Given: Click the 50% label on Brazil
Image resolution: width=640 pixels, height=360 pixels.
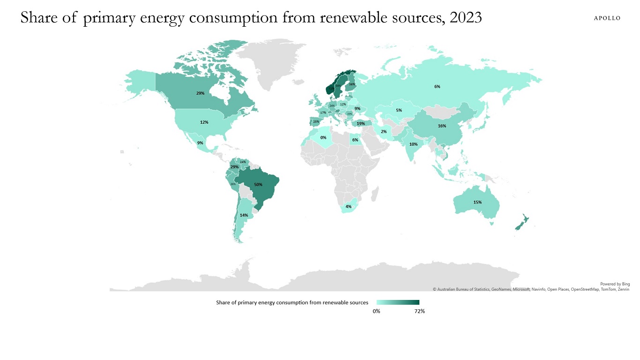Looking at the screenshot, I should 258,185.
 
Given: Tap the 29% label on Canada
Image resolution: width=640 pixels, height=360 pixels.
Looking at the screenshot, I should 200,93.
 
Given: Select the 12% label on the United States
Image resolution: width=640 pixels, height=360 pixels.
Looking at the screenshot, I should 204,122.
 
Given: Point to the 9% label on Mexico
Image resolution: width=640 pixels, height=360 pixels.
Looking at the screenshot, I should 200,143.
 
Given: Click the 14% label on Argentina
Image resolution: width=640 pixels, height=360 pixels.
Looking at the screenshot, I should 244,215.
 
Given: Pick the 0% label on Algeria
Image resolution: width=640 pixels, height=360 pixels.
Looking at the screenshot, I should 323,138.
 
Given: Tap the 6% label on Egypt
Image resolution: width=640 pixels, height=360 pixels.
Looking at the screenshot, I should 355,140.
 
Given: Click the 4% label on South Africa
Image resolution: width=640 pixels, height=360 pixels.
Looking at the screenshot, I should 349,207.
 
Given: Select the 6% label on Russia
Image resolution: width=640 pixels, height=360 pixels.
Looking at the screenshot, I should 437,87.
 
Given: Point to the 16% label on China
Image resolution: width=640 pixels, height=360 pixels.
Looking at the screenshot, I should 442,126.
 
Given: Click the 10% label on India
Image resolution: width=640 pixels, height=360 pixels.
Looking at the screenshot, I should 413,144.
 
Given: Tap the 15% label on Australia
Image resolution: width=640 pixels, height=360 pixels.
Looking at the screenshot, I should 477,202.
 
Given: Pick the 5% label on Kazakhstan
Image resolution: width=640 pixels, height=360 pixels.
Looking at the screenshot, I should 399,111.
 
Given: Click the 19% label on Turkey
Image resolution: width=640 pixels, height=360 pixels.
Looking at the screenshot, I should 361,124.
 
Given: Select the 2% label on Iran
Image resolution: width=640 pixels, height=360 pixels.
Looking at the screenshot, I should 383,132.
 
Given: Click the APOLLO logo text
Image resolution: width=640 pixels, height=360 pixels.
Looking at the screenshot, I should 607,18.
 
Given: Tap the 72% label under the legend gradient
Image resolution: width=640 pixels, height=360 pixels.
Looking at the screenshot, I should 419,312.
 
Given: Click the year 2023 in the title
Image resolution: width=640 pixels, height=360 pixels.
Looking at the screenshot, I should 465,17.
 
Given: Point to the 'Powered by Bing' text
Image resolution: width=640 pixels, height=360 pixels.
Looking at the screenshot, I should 615,284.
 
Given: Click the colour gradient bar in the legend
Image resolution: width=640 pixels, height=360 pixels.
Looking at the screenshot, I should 398,302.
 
